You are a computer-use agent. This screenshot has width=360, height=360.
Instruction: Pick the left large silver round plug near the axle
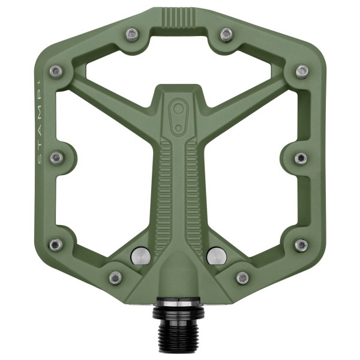(140, 256)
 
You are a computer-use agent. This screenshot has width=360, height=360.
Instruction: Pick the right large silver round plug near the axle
(216, 256)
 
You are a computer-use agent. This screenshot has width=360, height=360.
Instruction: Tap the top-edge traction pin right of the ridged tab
(226, 34)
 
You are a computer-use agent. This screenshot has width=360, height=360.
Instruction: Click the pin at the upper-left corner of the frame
(56, 71)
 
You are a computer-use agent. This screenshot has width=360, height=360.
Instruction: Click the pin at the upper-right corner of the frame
(302, 71)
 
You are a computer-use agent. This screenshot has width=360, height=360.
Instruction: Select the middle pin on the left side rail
(56, 158)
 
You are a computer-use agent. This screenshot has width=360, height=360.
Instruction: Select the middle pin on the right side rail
(301, 158)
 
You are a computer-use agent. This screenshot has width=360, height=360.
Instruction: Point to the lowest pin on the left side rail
(56, 244)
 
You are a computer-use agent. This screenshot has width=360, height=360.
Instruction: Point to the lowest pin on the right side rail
(301, 244)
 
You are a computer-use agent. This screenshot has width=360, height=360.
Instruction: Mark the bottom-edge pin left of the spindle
(115, 277)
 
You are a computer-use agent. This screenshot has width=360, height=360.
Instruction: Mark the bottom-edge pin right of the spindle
(242, 277)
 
